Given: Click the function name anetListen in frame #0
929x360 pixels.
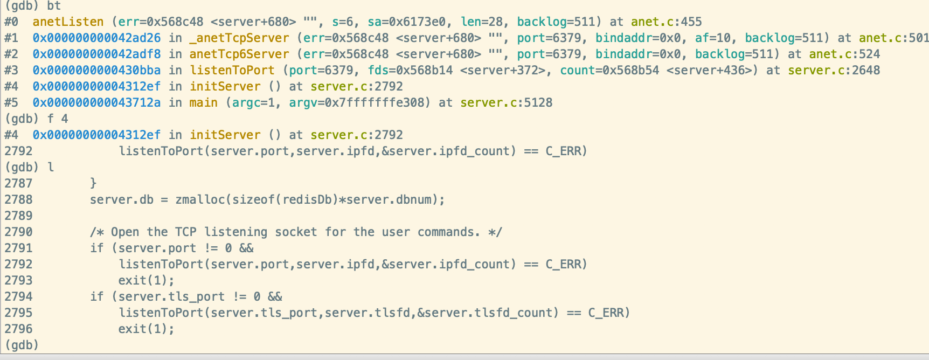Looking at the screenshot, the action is point(68,22).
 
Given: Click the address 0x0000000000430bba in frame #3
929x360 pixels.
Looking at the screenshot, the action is point(96,71).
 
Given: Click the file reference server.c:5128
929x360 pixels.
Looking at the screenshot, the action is point(507,103).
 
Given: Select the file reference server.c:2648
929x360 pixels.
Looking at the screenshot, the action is point(834,71).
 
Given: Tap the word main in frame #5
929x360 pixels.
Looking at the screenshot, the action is point(204,103).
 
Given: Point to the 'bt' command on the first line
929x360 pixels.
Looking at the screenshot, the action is point(54,6).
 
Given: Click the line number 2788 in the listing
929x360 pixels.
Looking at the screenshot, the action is point(18,200).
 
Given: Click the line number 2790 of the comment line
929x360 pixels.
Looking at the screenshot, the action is point(18,232).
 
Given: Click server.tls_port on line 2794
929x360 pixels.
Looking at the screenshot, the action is point(171,297).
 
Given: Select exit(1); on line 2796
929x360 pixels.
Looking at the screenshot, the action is point(147,329).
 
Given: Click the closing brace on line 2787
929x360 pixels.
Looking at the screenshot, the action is point(93,184).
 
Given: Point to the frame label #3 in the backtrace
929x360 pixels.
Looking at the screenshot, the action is point(11,71).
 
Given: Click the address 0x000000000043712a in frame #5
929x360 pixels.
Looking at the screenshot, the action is point(96,103).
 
